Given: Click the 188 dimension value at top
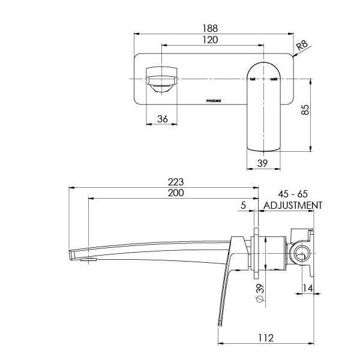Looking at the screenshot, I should tap(209, 28).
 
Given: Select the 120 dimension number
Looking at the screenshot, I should tap(209, 40).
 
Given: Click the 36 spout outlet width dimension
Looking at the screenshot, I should tap(162, 119).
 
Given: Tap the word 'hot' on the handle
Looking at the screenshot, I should tap(253, 79).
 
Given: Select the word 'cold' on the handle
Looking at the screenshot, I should tap(273, 79).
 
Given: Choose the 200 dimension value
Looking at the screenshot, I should tap(176, 193).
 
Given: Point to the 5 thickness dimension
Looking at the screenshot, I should tap(243, 205).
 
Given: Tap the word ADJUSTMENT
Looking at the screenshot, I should tap(293, 205).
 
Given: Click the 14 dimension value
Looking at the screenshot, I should tap(307, 289).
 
